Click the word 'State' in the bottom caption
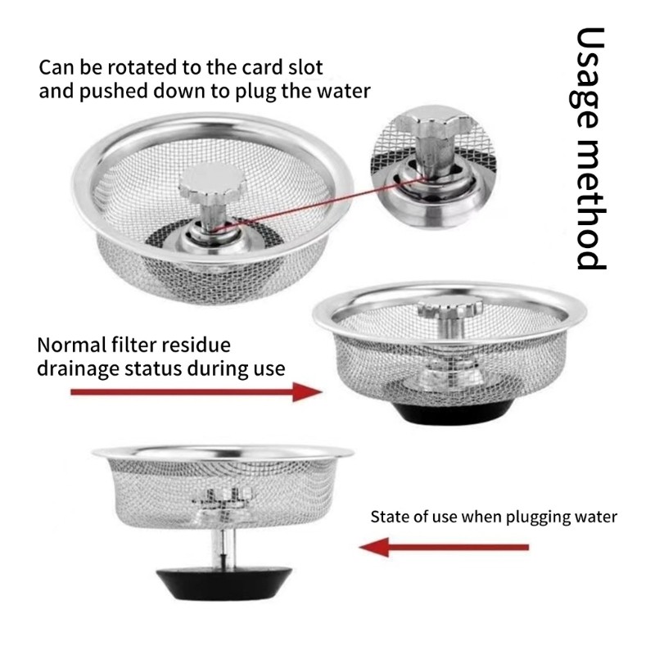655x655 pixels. pyautogui.click(x=390, y=517)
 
